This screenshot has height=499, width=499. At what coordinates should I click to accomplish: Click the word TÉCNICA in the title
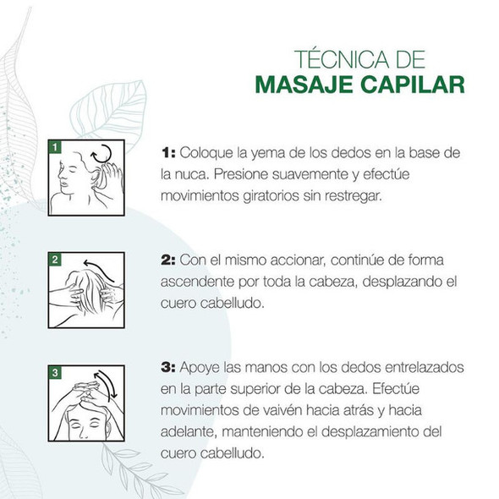pyautogui.click(x=342, y=59)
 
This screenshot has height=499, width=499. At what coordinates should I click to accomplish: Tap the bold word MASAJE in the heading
pyautogui.click(x=304, y=85)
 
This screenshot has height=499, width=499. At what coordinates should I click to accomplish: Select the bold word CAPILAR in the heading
pyautogui.click(x=413, y=85)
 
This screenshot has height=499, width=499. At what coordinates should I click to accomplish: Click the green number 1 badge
pyautogui.click(x=55, y=146)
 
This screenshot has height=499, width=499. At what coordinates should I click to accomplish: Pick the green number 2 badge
pyautogui.click(x=55, y=260)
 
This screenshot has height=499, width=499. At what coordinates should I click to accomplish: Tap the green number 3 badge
pyautogui.click(x=55, y=372)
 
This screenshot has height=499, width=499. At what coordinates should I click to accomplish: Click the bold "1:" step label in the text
pyautogui.click(x=168, y=153)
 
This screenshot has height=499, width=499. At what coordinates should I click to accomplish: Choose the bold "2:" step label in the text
pyautogui.click(x=168, y=260)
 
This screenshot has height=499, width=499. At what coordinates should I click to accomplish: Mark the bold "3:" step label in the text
pyautogui.click(x=168, y=368)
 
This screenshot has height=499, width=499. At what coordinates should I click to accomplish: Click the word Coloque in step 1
pyautogui.click(x=206, y=153)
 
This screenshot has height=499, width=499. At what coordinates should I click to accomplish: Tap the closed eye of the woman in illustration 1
pyautogui.click(x=72, y=170)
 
